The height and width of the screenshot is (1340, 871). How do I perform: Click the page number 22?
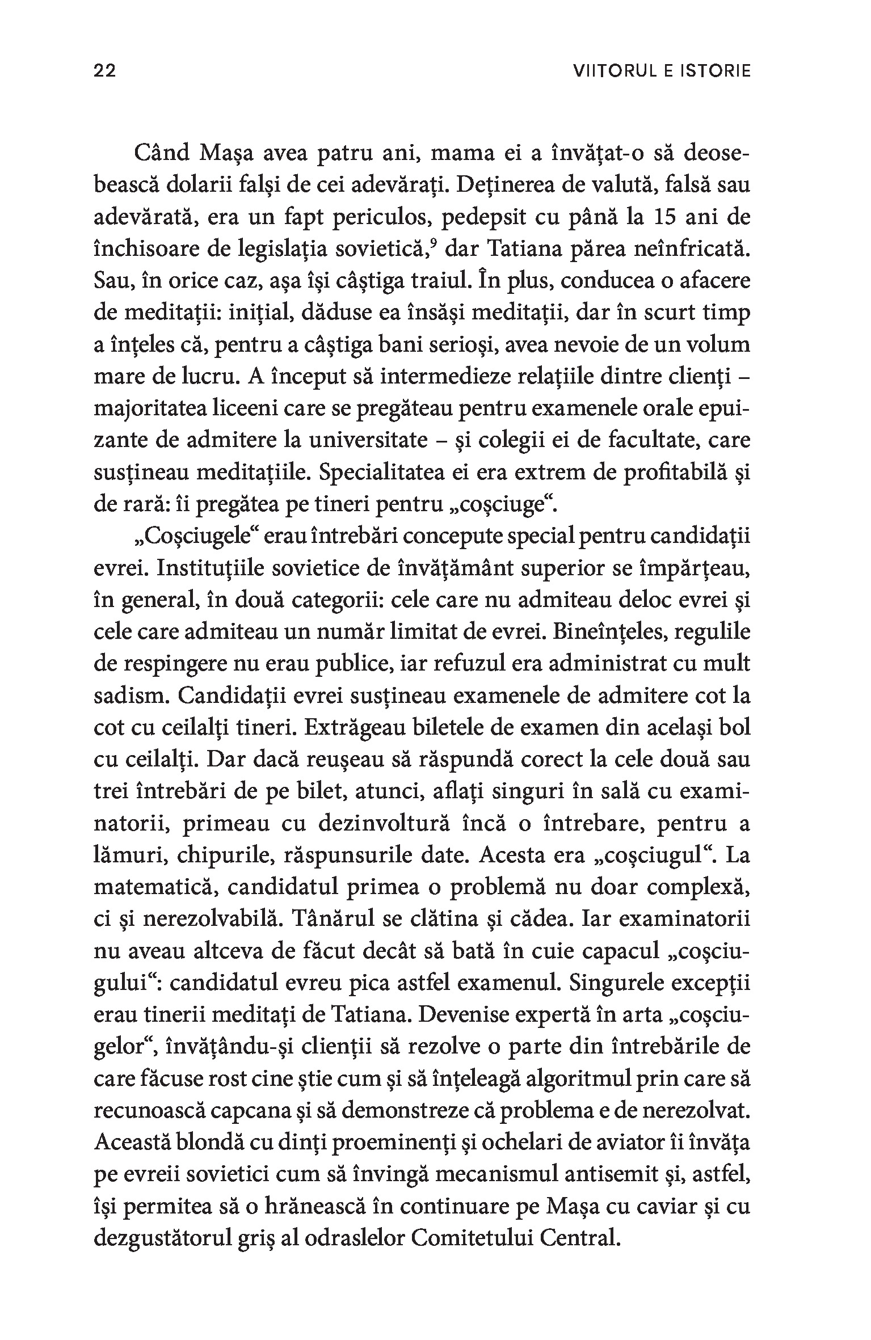[x=104, y=71]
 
